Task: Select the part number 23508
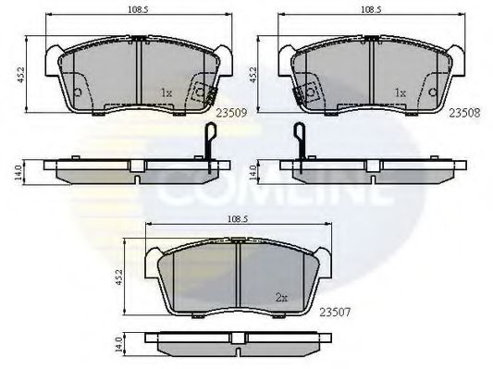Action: tap(463, 110)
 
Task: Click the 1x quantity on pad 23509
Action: tap(166, 93)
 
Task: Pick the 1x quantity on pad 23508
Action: tap(401, 93)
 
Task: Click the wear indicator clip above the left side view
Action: tap(210, 140)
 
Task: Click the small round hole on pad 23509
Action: tap(78, 93)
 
